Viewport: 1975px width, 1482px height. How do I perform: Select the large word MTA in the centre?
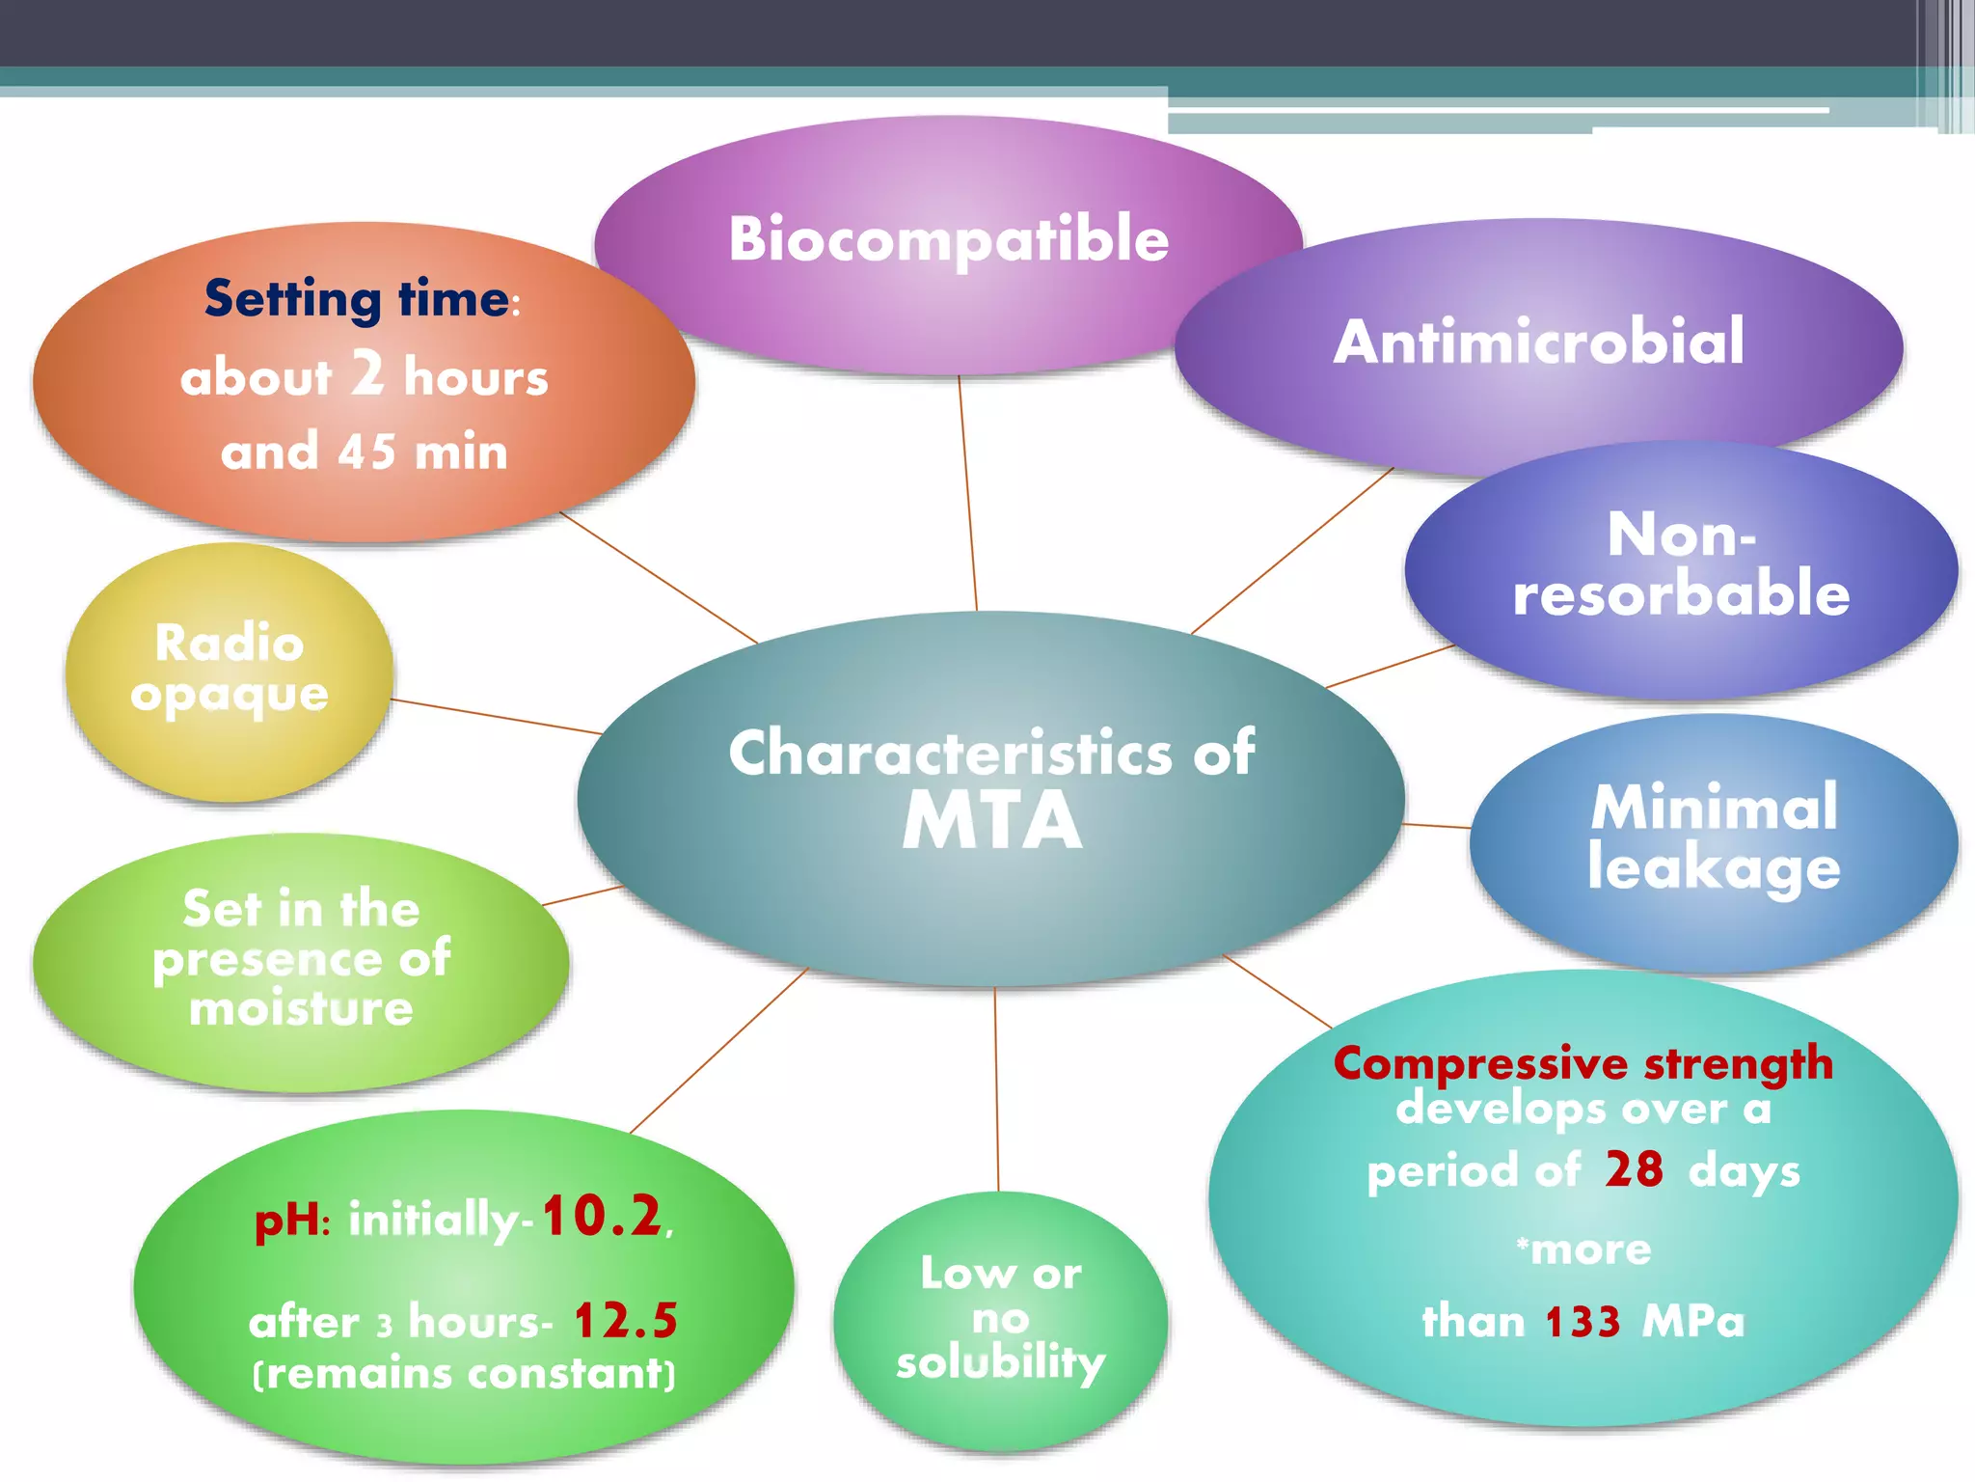coord(991,821)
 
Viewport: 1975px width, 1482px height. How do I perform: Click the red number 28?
coord(1634,1169)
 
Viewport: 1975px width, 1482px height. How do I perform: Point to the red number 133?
coord(1583,1322)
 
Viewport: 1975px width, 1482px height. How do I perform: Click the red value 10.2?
coord(602,1216)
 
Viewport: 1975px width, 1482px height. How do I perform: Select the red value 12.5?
coord(626,1321)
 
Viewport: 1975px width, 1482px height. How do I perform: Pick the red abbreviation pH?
coord(286,1220)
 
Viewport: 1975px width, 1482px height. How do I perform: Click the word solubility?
coord(1000,1362)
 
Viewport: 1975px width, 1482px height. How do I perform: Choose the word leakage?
coord(1714,868)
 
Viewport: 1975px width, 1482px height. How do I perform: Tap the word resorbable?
coord(1681,593)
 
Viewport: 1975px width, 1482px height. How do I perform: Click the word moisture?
coord(301,1008)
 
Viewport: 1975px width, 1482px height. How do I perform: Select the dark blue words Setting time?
coord(357,298)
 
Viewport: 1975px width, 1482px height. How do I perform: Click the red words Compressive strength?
coord(1583,1063)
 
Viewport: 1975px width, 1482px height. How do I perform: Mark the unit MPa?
coord(1693,1322)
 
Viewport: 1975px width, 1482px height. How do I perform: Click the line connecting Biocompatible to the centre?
coord(967,492)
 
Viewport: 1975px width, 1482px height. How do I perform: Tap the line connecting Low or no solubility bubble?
coord(996,1090)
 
